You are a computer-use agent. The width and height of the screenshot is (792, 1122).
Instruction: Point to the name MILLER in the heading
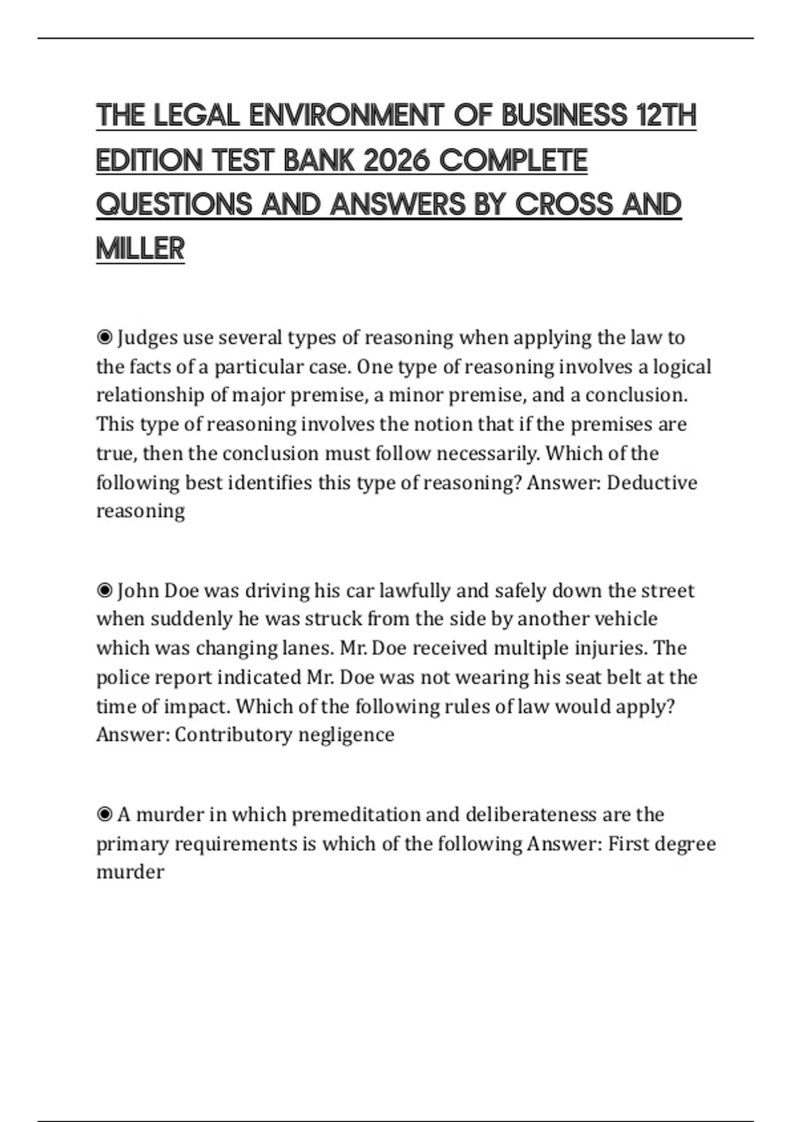tap(140, 249)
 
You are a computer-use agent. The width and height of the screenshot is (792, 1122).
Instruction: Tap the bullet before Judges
tap(104, 338)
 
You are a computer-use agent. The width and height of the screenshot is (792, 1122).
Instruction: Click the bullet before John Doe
tap(104, 591)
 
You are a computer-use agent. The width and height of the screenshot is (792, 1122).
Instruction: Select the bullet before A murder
tap(104, 815)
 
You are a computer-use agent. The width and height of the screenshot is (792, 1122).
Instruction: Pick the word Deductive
tap(651, 482)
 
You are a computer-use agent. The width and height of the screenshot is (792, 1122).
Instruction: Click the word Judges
tap(147, 338)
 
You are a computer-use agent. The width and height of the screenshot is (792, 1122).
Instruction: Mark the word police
tap(121, 677)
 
